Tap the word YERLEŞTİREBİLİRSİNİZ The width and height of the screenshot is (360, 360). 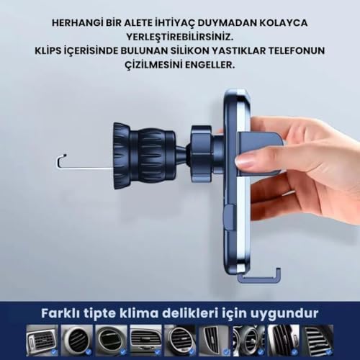[x=180, y=37]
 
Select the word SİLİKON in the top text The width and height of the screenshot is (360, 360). [x=199, y=51]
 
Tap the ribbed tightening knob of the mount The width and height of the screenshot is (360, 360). [x=145, y=156]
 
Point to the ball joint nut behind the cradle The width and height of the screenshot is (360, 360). [x=202, y=153]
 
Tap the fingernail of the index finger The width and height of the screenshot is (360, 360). [x=246, y=161]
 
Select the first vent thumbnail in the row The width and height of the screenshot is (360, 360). [x=42, y=340]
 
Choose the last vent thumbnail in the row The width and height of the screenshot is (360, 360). [x=318, y=340]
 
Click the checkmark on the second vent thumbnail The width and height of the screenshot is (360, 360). [x=89, y=352]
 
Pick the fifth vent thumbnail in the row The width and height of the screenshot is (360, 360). [x=180, y=340]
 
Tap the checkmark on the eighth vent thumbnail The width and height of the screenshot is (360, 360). [x=295, y=352]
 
